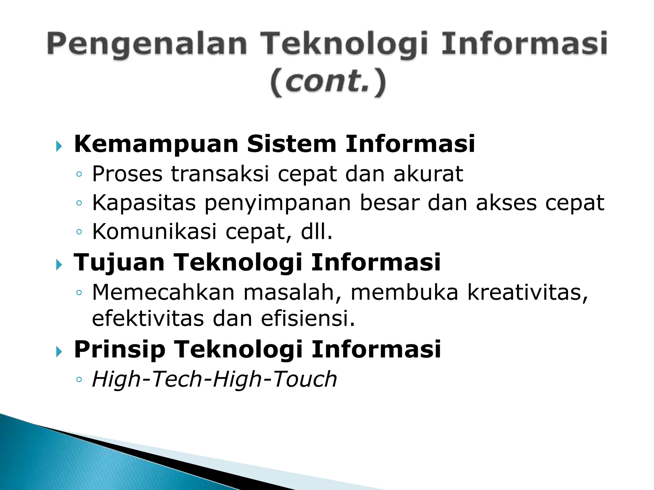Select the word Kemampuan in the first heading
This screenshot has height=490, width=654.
[156, 145]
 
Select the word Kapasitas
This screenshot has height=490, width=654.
[144, 203]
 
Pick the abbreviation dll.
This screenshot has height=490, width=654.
[316, 232]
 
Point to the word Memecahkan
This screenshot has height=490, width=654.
[163, 292]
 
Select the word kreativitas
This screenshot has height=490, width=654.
[527, 292]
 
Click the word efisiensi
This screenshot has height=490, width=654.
[308, 319]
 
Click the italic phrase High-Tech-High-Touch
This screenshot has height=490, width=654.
[214, 379]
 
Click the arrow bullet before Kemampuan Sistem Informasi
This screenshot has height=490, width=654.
[59, 146]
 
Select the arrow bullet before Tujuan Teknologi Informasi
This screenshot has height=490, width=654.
[59, 264]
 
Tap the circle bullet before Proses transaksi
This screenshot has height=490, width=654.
[79, 174]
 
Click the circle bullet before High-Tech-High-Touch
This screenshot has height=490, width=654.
[79, 380]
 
